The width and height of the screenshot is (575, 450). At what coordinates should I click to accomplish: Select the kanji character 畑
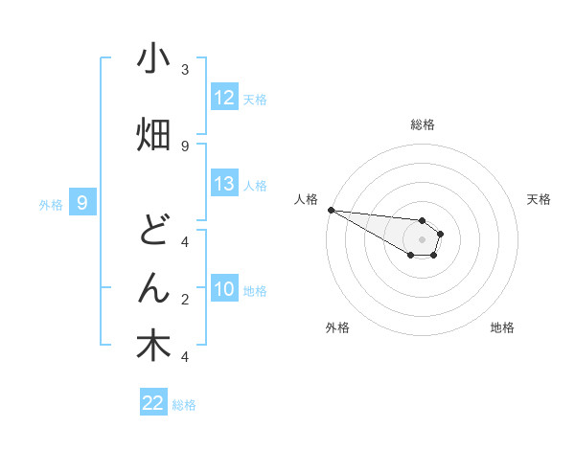[x=153, y=136]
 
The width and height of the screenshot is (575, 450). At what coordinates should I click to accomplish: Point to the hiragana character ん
[x=153, y=289]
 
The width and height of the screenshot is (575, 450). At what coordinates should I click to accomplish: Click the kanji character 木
[x=153, y=347]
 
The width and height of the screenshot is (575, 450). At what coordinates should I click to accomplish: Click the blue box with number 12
[x=224, y=98]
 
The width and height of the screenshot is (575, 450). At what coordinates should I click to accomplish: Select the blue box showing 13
[x=224, y=184]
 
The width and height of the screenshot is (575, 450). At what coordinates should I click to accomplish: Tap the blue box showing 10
[x=224, y=289]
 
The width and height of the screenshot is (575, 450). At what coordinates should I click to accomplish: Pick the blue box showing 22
[x=153, y=403]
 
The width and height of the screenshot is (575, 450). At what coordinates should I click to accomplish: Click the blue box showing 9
[x=82, y=202]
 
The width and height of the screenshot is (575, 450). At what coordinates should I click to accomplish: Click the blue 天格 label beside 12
[x=255, y=99]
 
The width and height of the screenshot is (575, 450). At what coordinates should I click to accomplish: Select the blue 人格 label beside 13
[x=255, y=185]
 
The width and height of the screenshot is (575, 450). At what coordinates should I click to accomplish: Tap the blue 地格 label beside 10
[x=255, y=290]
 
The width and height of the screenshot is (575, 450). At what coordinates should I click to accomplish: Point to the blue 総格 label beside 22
[x=184, y=404]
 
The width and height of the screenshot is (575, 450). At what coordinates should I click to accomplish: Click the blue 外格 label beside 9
[x=51, y=203]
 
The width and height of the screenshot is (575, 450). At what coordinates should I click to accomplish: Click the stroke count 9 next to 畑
[x=185, y=146]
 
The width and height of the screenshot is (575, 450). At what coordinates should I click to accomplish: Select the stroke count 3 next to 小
[x=185, y=70]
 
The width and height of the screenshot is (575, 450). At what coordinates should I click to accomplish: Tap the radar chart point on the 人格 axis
[x=331, y=210]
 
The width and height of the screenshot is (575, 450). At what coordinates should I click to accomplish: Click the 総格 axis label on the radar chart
[x=422, y=124]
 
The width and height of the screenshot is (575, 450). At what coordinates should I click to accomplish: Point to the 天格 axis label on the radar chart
[x=540, y=199]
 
